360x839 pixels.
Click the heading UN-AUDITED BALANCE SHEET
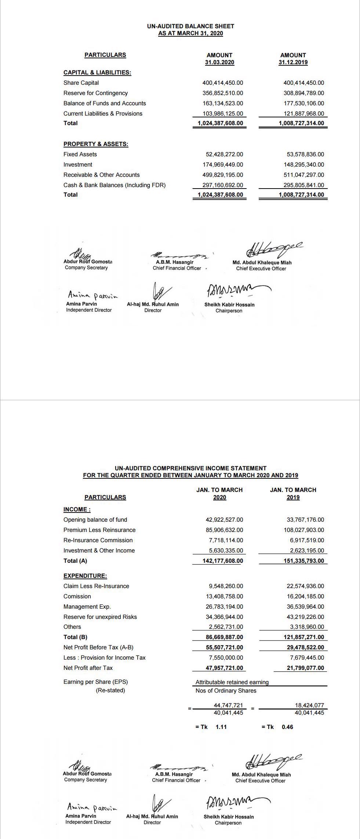tap(190, 26)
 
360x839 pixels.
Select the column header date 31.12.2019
tap(293, 62)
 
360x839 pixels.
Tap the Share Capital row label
tap(81, 83)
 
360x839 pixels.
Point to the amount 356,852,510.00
tap(223, 93)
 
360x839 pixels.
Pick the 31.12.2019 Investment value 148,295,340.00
tap(304, 165)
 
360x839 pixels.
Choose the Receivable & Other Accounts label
tap(102, 175)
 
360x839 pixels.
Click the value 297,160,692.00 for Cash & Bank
tap(223, 185)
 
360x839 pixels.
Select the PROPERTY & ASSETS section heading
tap(96, 144)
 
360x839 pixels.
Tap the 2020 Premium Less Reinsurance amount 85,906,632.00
tap(224, 530)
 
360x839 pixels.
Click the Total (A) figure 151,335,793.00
tap(304, 561)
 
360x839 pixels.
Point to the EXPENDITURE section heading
tap(85, 576)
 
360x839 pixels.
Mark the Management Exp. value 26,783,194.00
tap(224, 607)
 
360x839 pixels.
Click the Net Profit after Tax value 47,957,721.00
tap(224, 668)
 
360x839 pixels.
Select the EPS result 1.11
tap(221, 727)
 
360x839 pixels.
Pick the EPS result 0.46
tap(287, 727)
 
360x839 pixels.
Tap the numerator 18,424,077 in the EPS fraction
tap(309, 705)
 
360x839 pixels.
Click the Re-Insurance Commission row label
tap(98, 540)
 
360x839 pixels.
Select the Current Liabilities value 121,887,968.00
tap(304, 114)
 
